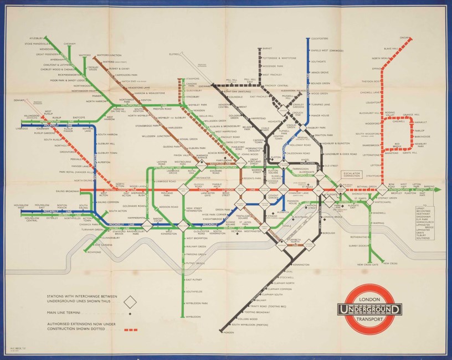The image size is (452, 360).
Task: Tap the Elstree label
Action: [174, 54]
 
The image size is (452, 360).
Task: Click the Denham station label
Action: [20, 100]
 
